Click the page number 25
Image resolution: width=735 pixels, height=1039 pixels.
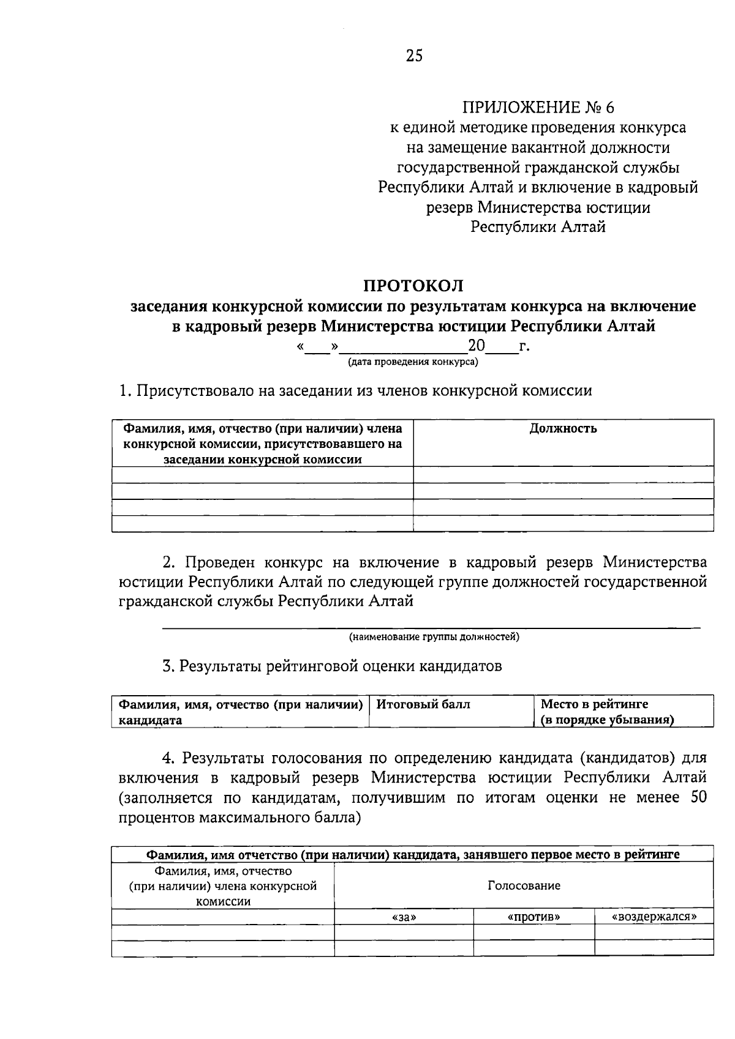tap(414, 56)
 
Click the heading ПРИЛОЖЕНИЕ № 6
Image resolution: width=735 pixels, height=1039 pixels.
tap(537, 108)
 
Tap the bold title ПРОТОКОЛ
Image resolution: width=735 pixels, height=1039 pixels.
tap(413, 286)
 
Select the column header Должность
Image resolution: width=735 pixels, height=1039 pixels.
tap(563, 428)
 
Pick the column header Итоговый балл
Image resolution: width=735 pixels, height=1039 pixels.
tap(423, 704)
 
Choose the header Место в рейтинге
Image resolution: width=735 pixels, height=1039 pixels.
tap(594, 704)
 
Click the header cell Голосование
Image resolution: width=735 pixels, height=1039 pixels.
tap(524, 885)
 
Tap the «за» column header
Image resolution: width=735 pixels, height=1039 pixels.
tap(404, 917)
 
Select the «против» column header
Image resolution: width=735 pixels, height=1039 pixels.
tap(534, 917)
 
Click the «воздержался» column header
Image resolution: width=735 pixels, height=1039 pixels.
tap(654, 917)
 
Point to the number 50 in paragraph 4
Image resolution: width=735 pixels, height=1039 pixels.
tap(698, 797)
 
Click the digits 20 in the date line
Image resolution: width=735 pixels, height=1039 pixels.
tap(477, 347)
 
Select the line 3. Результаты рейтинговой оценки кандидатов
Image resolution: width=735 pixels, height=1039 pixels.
tap(332, 666)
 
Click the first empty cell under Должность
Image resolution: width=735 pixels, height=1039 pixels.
tap(563, 475)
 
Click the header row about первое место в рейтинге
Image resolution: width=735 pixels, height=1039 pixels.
tap(412, 855)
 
